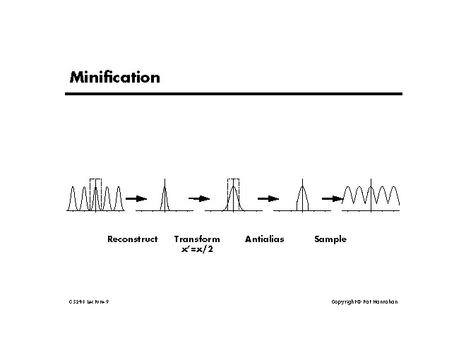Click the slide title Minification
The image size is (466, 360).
click(x=114, y=77)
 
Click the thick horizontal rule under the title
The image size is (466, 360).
click(x=235, y=93)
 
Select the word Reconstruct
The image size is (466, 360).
click(x=132, y=239)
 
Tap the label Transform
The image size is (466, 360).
click(x=197, y=239)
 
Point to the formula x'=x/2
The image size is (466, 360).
click(x=197, y=249)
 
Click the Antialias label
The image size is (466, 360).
click(x=264, y=239)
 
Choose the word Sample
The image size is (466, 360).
click(x=330, y=239)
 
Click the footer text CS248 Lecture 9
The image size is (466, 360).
click(x=89, y=301)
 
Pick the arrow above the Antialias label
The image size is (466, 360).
click(x=268, y=199)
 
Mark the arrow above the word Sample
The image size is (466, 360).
click(x=332, y=199)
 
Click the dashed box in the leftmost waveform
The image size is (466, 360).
click(x=95, y=193)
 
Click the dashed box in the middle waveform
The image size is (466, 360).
click(x=233, y=193)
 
